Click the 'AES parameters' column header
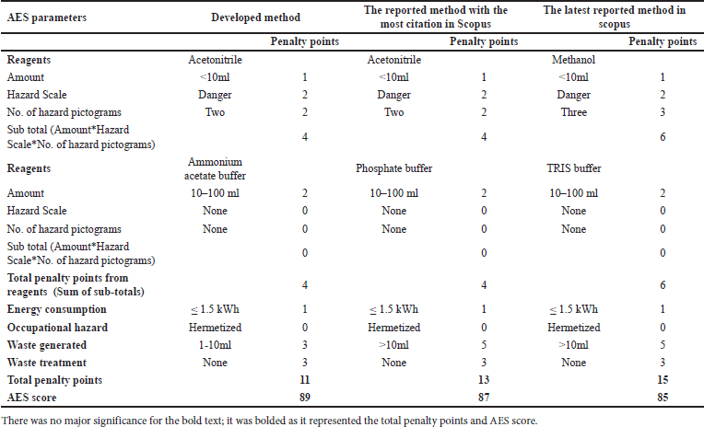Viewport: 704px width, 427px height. (x=47, y=17)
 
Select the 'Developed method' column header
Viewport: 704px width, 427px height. (x=255, y=17)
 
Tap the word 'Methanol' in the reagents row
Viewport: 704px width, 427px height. (x=573, y=60)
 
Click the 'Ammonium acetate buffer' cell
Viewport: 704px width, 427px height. (x=215, y=168)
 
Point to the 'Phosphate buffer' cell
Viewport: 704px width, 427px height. (x=393, y=168)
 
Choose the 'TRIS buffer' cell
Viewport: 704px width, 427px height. (x=573, y=168)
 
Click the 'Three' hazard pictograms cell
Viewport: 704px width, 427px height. (x=573, y=112)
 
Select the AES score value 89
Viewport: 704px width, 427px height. (x=304, y=398)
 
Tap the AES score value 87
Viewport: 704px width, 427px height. (x=484, y=398)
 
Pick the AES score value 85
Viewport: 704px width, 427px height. (x=663, y=398)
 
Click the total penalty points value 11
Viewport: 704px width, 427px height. (x=304, y=380)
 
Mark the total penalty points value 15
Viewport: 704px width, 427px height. (x=663, y=380)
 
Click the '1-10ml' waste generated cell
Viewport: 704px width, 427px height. (x=215, y=345)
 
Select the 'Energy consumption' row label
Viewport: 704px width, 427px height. (x=56, y=309)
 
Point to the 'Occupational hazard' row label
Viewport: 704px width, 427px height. (x=57, y=328)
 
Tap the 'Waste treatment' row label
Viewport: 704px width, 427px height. (x=46, y=363)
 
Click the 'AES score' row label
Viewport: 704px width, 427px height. (x=31, y=398)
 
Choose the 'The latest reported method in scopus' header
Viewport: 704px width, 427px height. (x=614, y=17)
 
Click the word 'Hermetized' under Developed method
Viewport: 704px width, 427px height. (x=215, y=328)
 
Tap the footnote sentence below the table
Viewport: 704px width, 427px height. (x=269, y=421)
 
